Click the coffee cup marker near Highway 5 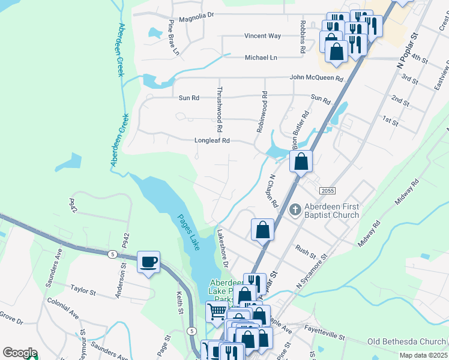148,263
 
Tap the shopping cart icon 217,311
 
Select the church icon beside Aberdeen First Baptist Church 294,210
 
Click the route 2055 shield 328,190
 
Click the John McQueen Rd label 316,78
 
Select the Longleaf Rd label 212,141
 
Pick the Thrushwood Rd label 220,109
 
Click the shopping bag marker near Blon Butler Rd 301,161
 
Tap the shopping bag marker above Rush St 262,230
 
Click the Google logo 20,353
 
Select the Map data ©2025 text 423,355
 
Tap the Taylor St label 83,291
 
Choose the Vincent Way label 262,36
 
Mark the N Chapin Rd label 273,191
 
